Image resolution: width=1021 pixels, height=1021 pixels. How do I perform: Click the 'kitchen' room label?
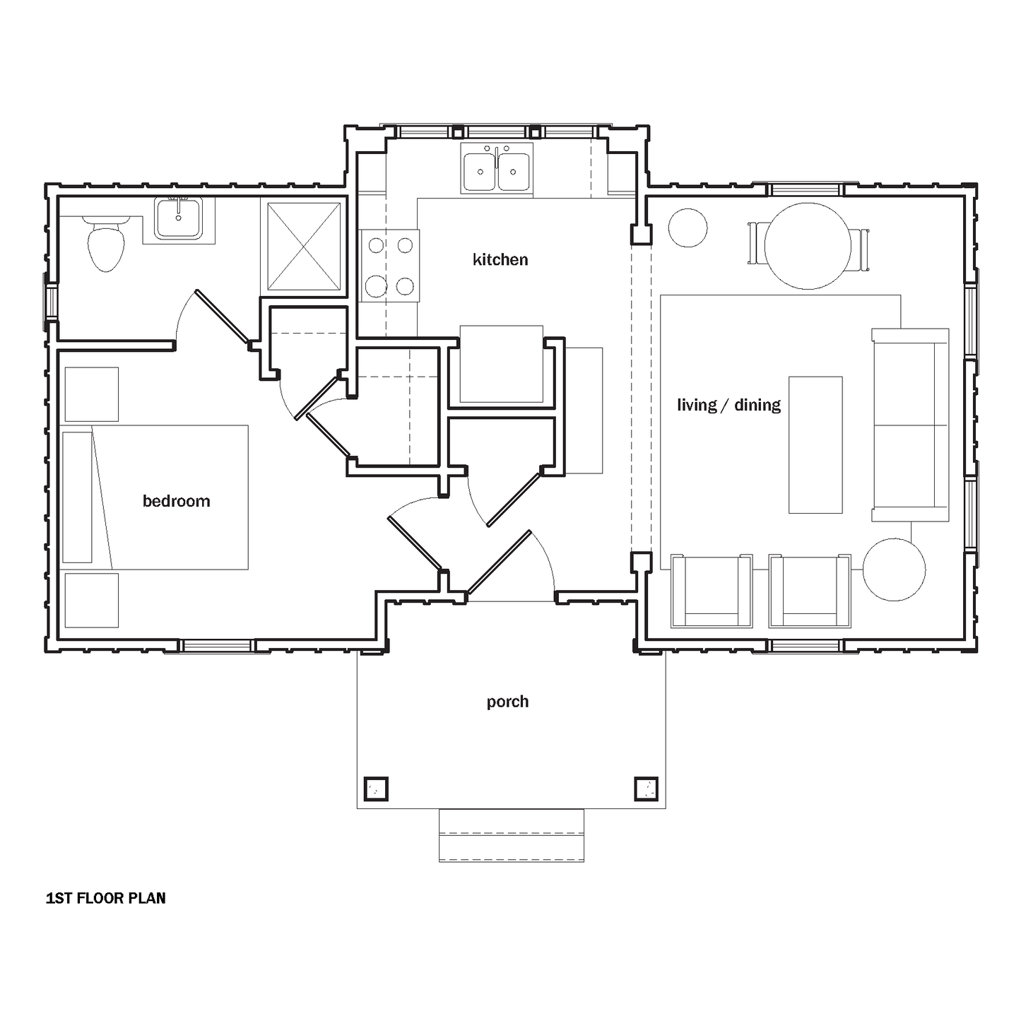click(500, 259)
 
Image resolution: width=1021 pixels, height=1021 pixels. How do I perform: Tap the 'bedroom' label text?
click(177, 501)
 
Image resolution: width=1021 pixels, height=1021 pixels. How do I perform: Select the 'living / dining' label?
click(728, 406)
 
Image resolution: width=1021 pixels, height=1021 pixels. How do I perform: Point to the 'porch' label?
click(507, 702)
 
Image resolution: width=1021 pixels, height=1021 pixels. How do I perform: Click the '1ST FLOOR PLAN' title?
click(106, 898)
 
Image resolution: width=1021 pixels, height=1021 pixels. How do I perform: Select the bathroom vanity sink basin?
click(179, 218)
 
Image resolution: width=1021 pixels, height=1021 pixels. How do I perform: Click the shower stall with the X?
click(304, 247)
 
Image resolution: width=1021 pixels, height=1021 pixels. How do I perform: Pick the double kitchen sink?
click(497, 168)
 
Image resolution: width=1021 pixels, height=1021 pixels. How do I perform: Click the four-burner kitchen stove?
click(389, 266)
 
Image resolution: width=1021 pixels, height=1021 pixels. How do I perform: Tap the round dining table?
click(808, 246)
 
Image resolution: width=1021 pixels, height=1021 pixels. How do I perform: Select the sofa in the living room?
click(910, 425)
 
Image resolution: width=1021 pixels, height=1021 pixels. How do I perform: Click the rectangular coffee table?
click(815, 445)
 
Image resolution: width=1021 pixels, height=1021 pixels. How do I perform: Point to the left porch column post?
click(376, 789)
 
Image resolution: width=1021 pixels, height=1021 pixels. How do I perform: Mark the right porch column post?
click(647, 789)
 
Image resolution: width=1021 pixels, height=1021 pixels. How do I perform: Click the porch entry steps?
click(512, 836)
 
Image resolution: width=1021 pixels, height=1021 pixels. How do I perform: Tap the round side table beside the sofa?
click(895, 569)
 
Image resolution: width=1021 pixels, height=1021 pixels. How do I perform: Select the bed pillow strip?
click(77, 497)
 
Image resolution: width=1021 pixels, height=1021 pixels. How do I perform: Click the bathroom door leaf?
click(222, 317)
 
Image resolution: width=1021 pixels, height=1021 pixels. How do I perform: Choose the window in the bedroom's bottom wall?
click(216, 646)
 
